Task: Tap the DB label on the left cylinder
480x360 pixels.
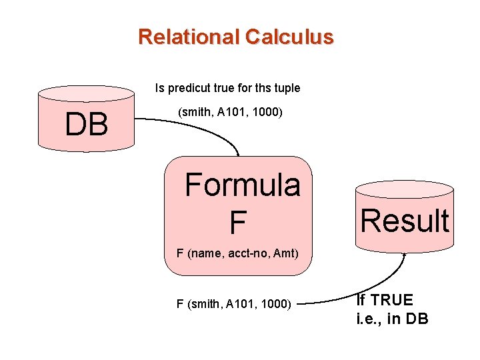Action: [87, 125]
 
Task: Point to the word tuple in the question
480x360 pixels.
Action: [287, 88]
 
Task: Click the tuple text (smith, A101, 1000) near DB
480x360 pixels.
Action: [230, 113]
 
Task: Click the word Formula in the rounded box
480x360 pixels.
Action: [243, 185]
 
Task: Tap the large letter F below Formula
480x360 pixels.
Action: [237, 223]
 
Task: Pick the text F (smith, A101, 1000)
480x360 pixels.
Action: [233, 304]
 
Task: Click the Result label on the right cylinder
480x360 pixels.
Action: [405, 221]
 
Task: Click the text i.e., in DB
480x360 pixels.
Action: [393, 319]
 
